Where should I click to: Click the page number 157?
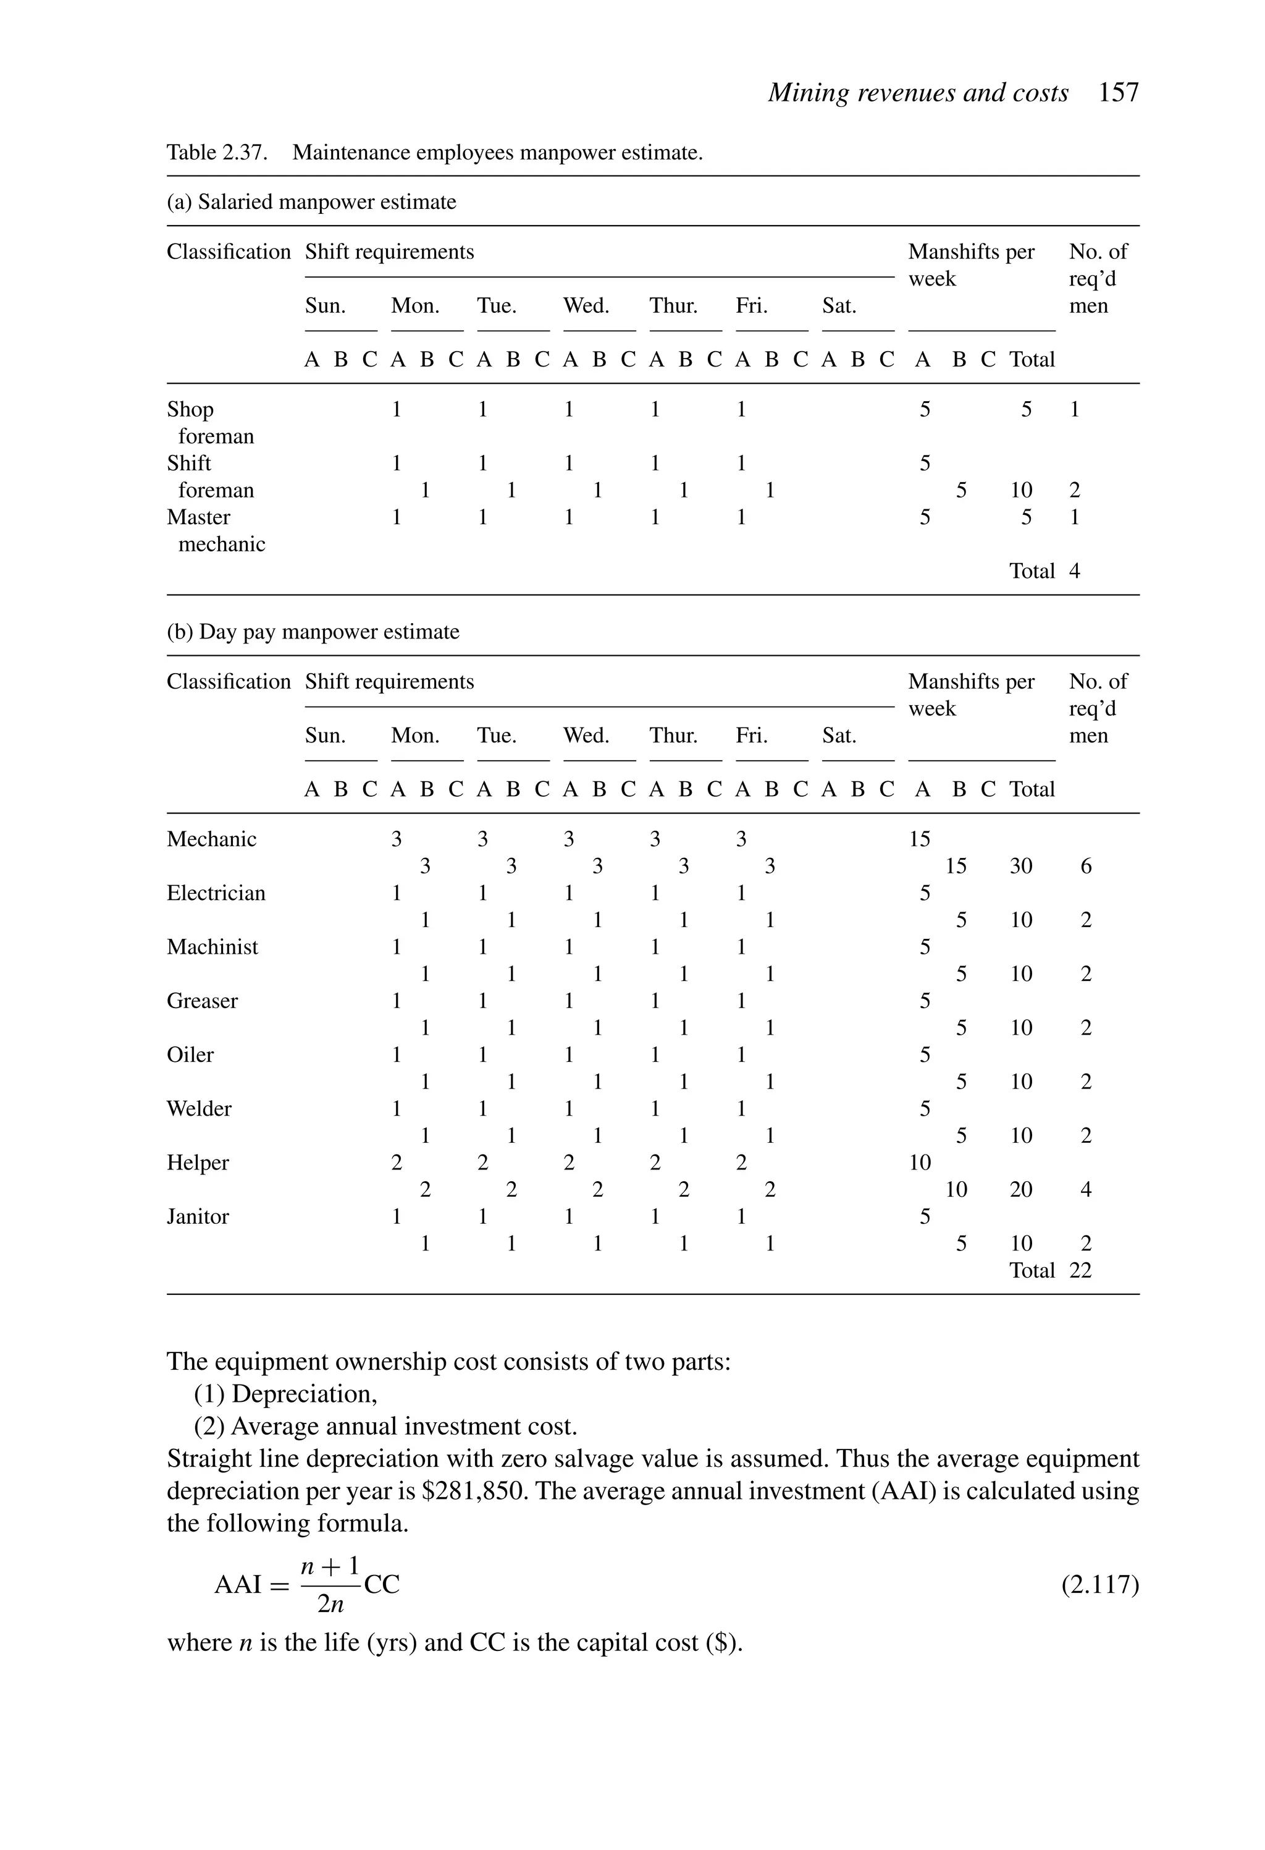click(1118, 93)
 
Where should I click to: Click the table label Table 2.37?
click(216, 152)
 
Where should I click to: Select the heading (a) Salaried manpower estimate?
click(311, 202)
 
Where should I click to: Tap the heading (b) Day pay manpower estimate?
click(313, 632)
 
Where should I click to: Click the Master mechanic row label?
click(215, 530)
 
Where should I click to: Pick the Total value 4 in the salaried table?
click(1074, 571)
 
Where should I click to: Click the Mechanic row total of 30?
click(1021, 866)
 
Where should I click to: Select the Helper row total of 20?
click(1021, 1189)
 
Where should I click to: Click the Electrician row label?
click(216, 893)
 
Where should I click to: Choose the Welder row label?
click(199, 1109)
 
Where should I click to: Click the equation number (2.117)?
click(1099, 1585)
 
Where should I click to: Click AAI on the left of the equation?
click(238, 1585)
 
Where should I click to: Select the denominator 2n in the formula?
click(330, 1604)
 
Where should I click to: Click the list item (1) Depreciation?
click(285, 1394)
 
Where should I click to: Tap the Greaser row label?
click(202, 1001)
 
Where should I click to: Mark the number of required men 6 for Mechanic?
click(1086, 866)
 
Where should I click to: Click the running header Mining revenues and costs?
click(917, 93)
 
